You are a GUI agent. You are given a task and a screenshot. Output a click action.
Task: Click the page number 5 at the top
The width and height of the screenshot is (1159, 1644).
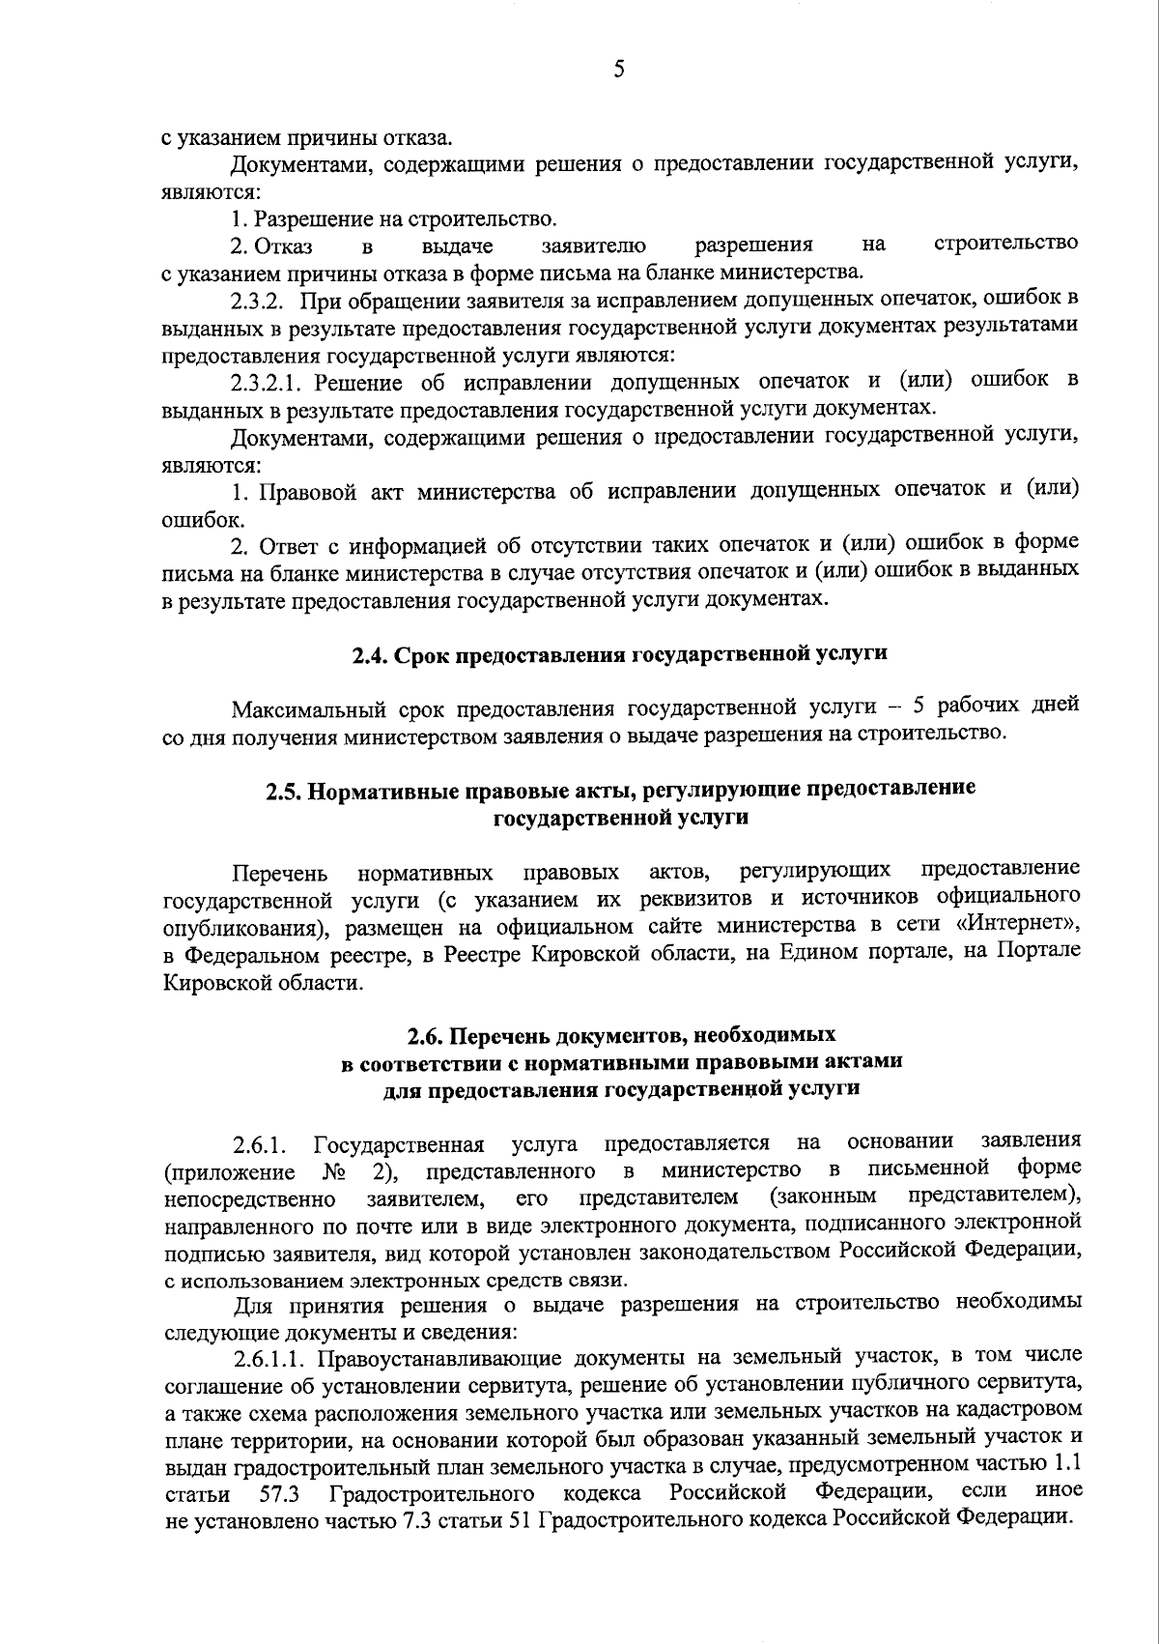click(619, 70)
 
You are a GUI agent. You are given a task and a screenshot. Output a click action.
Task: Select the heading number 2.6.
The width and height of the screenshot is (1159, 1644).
click(423, 1036)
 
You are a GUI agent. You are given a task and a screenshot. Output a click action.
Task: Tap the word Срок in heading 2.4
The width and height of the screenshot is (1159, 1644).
click(416, 654)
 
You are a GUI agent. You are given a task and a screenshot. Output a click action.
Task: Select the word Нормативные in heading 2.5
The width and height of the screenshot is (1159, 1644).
click(383, 789)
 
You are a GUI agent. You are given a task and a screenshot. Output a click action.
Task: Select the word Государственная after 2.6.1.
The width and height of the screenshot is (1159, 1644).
click(400, 1146)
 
